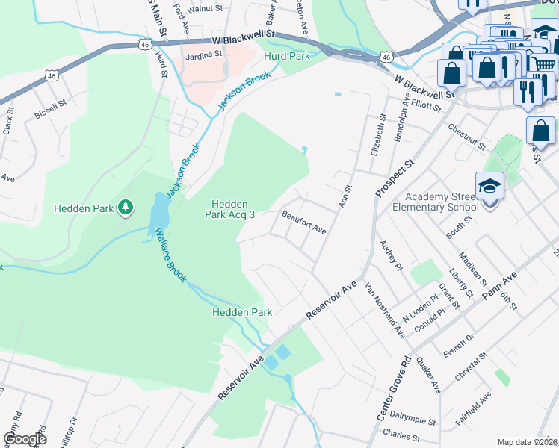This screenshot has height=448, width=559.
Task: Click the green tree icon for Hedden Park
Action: [x=126, y=207]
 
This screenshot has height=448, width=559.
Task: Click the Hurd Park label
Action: [x=285, y=56]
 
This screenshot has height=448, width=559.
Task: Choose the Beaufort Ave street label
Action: [x=304, y=223]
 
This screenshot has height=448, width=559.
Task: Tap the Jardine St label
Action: [x=205, y=55]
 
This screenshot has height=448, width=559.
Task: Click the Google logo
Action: [x=25, y=439]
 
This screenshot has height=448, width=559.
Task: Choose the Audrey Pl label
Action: [x=391, y=255]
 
